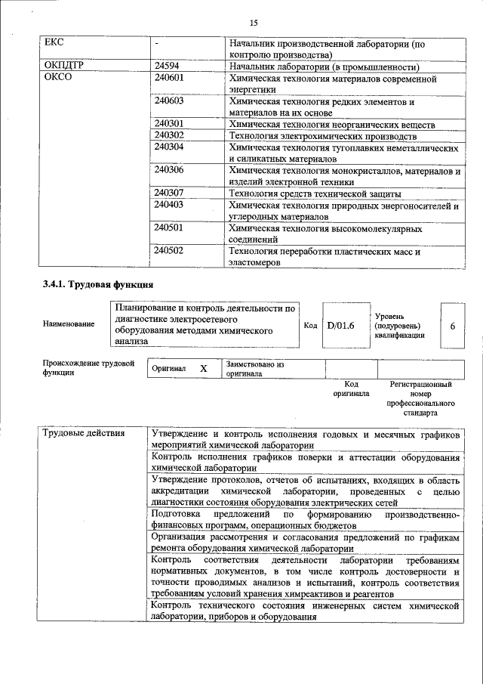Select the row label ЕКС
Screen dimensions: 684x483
pyautogui.click(x=55, y=43)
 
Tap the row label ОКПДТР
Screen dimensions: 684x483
pyautogui.click(x=63, y=66)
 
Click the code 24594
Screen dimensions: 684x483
pyautogui.click(x=167, y=66)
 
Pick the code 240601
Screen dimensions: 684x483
pyautogui.click(x=169, y=77)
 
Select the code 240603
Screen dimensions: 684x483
pyautogui.click(x=169, y=101)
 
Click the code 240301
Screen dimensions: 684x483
pyautogui.click(x=169, y=123)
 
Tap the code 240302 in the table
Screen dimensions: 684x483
pyautogui.click(x=169, y=135)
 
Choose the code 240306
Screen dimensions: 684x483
pyautogui.click(x=169, y=170)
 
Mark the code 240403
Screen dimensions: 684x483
pyautogui.click(x=169, y=204)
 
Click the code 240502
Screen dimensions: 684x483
pyautogui.click(x=169, y=250)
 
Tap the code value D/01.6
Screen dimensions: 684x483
pyautogui.click(x=341, y=325)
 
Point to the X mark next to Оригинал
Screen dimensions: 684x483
pyautogui.click(x=203, y=368)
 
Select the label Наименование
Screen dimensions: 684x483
pyautogui.click(x=69, y=324)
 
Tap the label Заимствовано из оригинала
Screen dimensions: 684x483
pyautogui.click(x=254, y=368)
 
